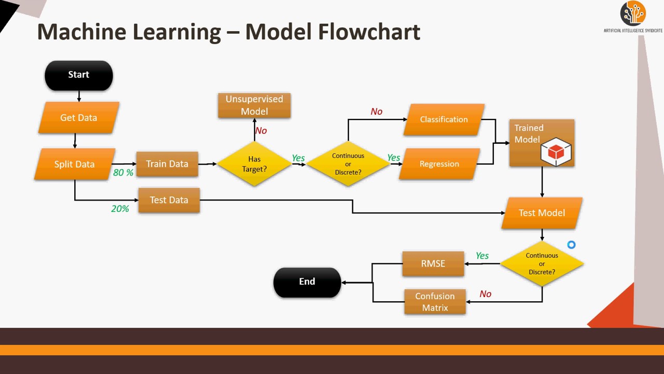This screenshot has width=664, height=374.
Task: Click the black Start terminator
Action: point(79,75)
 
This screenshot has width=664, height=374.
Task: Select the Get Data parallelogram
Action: point(79,118)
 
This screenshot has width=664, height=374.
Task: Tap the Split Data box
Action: point(75,164)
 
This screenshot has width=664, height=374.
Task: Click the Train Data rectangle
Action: point(167,164)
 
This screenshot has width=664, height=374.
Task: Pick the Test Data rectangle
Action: point(169,200)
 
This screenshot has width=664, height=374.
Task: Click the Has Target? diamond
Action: point(254,164)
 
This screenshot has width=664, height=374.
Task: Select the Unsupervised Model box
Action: point(254,105)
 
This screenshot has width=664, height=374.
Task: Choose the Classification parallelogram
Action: point(444,119)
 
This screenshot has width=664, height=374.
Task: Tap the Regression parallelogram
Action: point(439,164)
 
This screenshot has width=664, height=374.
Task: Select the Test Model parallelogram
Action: point(542,213)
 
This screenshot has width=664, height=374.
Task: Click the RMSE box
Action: point(433,263)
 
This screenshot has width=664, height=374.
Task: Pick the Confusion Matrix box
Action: point(435,302)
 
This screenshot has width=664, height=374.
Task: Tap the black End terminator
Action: point(307,282)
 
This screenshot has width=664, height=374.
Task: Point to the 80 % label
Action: point(123,172)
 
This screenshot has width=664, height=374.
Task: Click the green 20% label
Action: point(120,208)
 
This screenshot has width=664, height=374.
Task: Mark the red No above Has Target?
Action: point(261,131)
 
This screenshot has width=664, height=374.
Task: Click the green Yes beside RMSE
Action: point(482,256)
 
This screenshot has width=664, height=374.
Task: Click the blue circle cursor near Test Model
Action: point(571,245)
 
